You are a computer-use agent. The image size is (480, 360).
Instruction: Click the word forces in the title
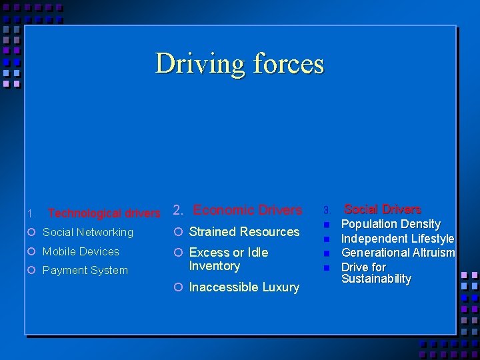289,64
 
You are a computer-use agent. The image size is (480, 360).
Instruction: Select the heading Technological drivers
104,213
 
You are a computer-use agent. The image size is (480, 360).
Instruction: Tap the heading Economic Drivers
247,210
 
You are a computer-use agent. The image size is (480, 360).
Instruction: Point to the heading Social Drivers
382,209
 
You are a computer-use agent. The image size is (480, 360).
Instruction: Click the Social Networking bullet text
88,232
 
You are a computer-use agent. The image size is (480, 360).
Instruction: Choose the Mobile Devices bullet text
81,251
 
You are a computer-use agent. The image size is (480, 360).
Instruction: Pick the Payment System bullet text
85,270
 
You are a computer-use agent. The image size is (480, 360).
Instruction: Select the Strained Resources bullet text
245,231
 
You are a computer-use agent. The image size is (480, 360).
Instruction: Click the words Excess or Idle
229,253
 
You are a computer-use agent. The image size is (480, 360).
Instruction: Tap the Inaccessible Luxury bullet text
244,287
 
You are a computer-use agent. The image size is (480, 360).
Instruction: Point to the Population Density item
391,224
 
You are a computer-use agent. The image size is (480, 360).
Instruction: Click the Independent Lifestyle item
397,239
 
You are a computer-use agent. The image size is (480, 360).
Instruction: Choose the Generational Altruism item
398,253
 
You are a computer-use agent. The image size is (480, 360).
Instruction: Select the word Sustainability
376,279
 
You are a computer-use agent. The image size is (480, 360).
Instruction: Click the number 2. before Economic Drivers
179,211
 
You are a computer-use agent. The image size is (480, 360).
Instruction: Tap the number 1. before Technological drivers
32,214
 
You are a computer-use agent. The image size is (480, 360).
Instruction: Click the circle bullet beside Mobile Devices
31,251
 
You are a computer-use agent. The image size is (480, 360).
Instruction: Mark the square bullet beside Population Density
327,225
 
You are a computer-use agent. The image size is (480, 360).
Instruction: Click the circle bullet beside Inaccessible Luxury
178,287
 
